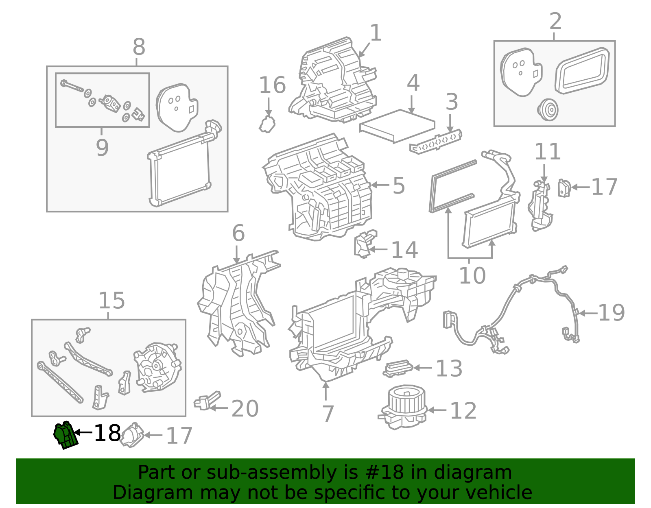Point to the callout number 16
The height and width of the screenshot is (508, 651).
click(272, 85)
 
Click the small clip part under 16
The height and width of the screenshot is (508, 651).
click(267, 124)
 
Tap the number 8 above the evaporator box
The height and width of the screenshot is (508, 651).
click(139, 47)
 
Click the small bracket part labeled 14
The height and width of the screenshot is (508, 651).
click(365, 244)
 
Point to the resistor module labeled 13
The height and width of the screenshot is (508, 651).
click(398, 368)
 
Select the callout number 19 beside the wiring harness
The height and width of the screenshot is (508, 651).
click(611, 313)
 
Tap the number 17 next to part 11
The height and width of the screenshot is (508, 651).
click(604, 187)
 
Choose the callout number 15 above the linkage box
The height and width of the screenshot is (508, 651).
click(111, 301)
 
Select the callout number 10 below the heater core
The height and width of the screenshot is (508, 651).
click(472, 276)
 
